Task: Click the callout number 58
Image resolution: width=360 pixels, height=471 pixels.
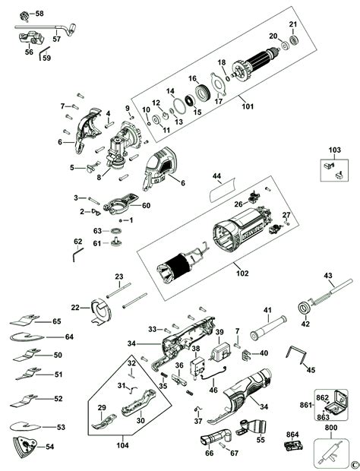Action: point(39,14)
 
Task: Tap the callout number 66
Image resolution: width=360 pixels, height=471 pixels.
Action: point(210,453)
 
